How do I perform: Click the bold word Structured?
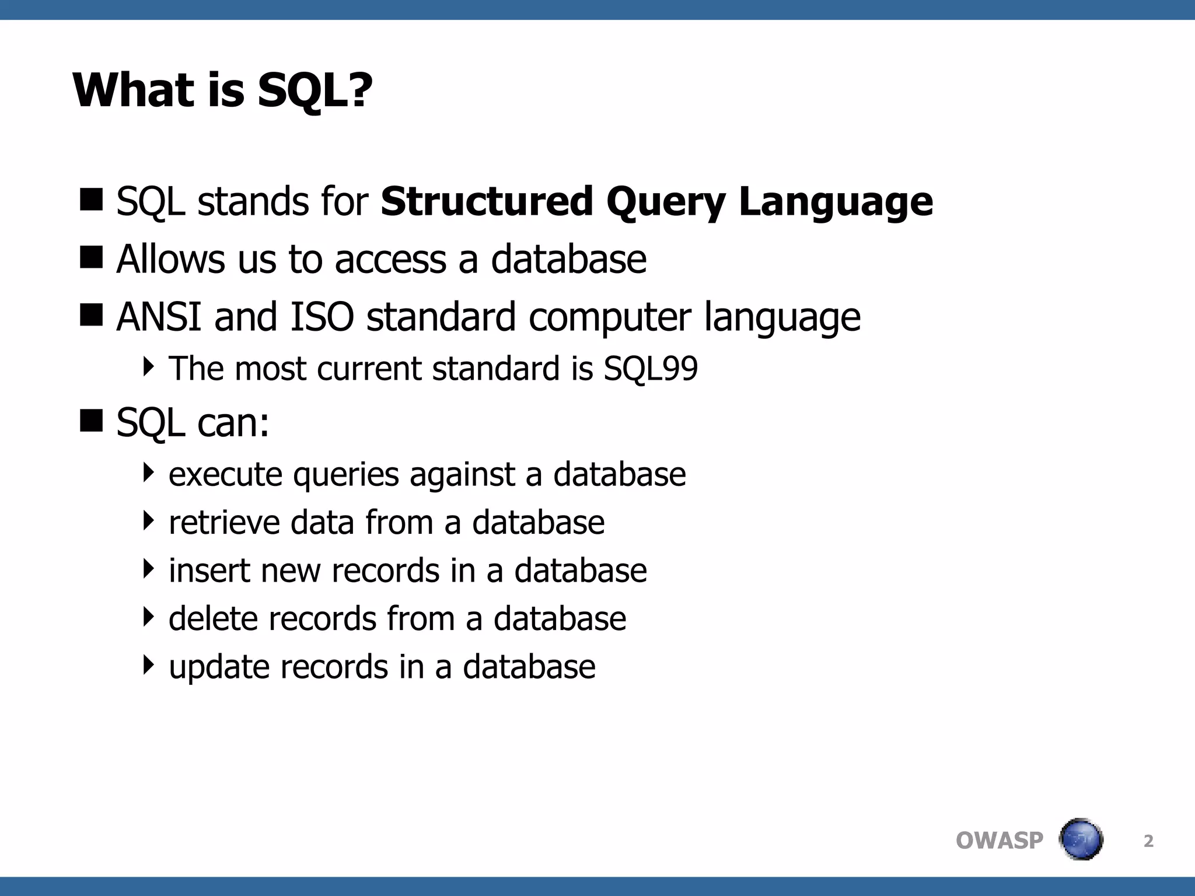(x=487, y=202)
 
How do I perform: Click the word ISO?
(x=322, y=317)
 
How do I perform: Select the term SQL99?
(x=651, y=369)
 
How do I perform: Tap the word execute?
(x=225, y=474)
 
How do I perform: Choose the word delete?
(x=212, y=618)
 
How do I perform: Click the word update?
(x=218, y=667)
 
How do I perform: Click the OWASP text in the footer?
(x=999, y=841)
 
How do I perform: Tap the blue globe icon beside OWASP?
(x=1081, y=839)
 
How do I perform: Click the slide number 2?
(x=1148, y=841)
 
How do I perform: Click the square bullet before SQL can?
(x=91, y=421)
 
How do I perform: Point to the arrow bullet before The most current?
(x=149, y=366)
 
